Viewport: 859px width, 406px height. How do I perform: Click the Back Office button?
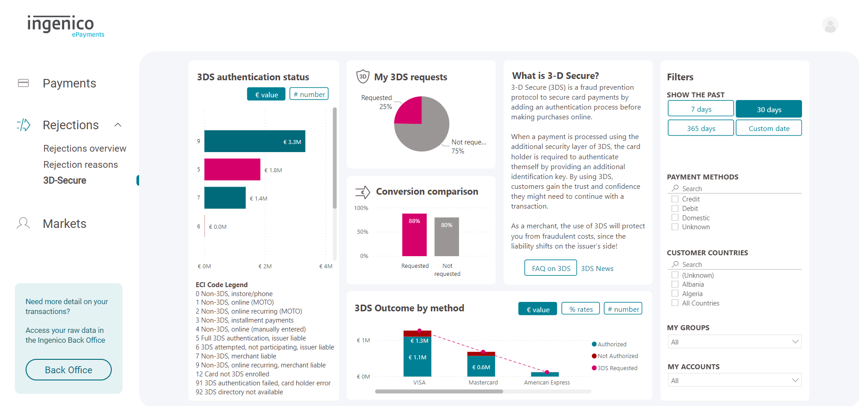pos(68,370)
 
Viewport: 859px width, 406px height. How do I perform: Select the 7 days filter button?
pos(701,109)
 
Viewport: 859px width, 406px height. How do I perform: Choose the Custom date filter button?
pos(769,128)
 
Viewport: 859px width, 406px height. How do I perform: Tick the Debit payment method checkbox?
pos(675,209)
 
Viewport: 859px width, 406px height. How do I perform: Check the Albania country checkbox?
pos(675,284)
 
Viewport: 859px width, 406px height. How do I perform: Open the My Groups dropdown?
pos(734,342)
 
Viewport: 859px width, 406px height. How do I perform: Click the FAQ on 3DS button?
pos(551,268)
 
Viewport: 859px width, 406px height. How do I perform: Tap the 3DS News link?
pos(597,268)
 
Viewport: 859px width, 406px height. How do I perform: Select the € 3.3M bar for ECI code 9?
pos(254,141)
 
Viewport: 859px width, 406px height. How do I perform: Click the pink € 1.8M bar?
pos(232,170)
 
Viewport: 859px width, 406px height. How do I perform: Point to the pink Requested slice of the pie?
pos(410,111)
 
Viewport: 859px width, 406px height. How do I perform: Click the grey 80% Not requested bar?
pos(447,237)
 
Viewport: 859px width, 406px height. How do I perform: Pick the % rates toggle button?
pos(581,309)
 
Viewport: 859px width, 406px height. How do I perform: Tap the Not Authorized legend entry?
pos(618,356)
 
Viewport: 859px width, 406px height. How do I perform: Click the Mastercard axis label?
pos(483,383)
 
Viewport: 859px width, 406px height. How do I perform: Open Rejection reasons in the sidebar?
pos(81,165)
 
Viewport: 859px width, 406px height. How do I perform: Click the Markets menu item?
pos(64,223)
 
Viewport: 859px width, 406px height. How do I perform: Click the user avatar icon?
pos(830,25)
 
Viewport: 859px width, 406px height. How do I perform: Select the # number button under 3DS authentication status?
pos(309,94)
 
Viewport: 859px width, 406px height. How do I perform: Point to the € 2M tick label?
pos(265,266)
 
